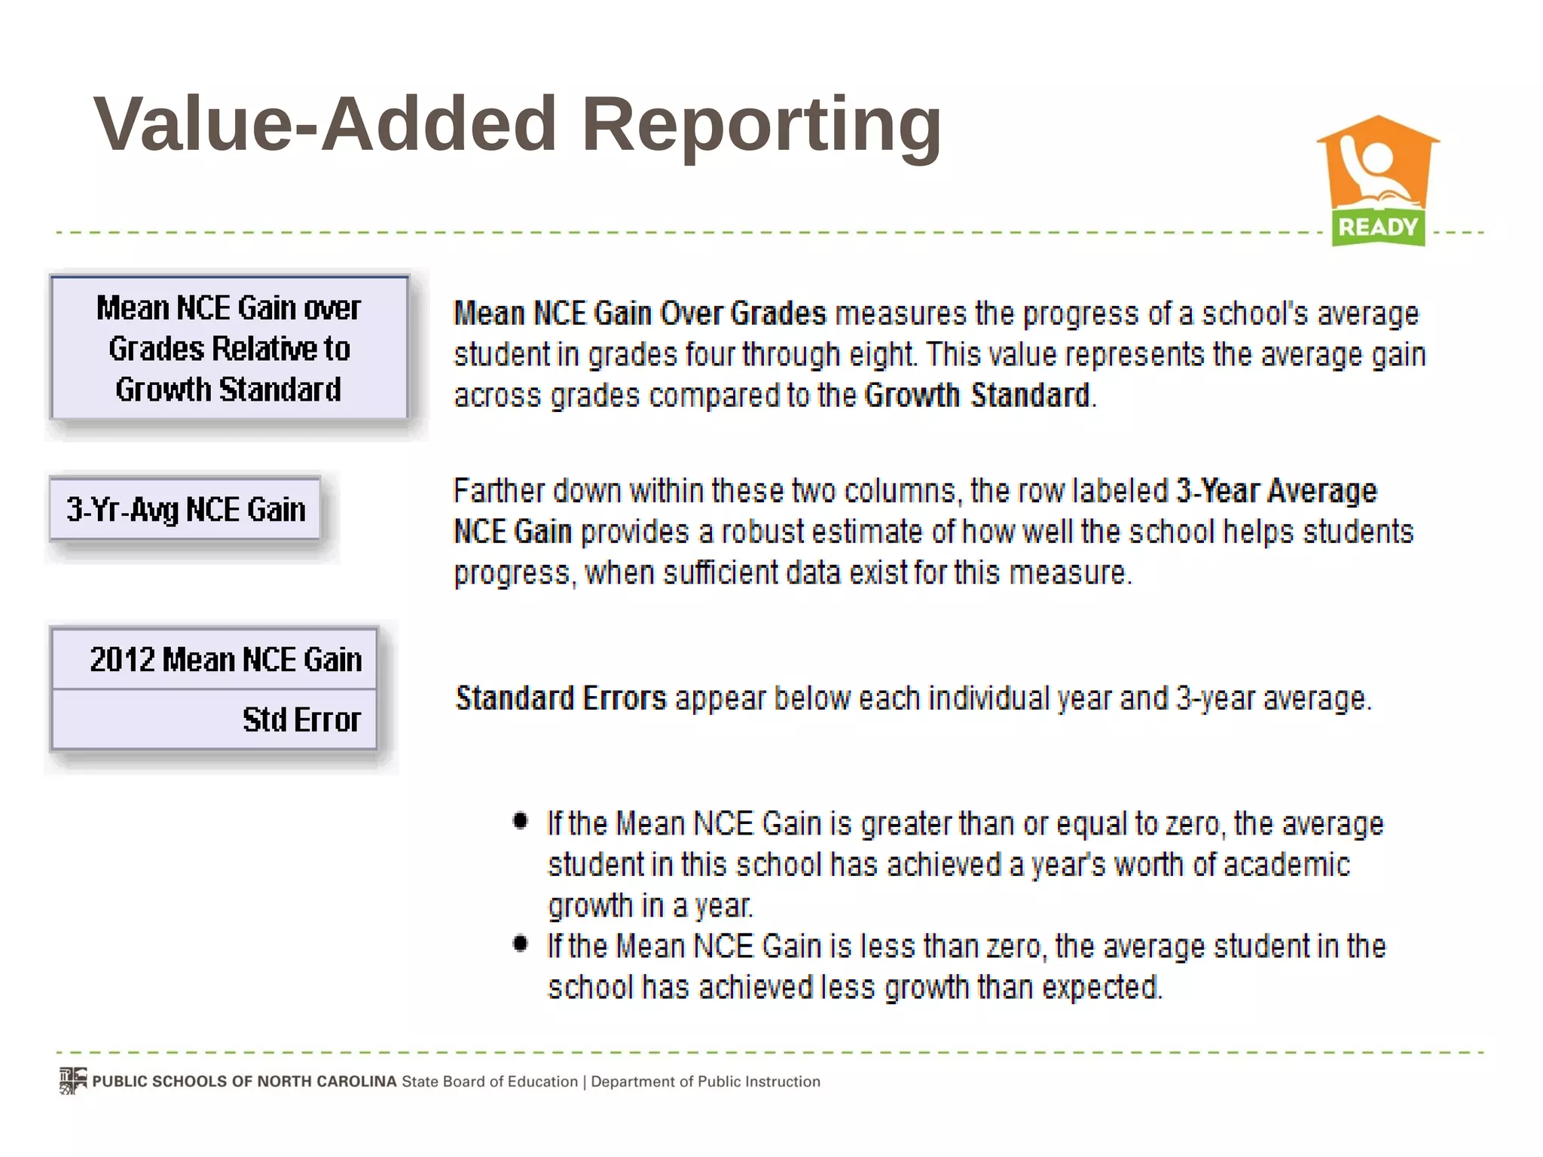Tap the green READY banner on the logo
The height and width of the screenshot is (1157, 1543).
(x=1378, y=227)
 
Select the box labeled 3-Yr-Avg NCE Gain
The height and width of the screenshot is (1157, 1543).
(x=185, y=510)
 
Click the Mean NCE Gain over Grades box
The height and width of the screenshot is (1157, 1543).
(x=229, y=348)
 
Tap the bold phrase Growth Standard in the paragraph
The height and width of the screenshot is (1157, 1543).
(x=977, y=395)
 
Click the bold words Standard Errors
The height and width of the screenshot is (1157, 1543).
(x=561, y=698)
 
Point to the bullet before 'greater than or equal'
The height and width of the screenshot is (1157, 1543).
(x=520, y=820)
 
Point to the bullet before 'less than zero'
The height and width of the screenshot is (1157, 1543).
(x=520, y=943)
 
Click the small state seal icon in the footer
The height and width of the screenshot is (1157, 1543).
(x=73, y=1081)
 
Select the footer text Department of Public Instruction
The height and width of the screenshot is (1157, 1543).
(x=705, y=1082)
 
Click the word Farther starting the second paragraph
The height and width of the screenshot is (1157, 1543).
(x=498, y=491)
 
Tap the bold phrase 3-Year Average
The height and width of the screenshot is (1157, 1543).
(x=1276, y=491)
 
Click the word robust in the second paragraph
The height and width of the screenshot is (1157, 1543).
(x=762, y=533)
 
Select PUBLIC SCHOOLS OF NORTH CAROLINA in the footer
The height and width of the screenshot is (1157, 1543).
(x=244, y=1082)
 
